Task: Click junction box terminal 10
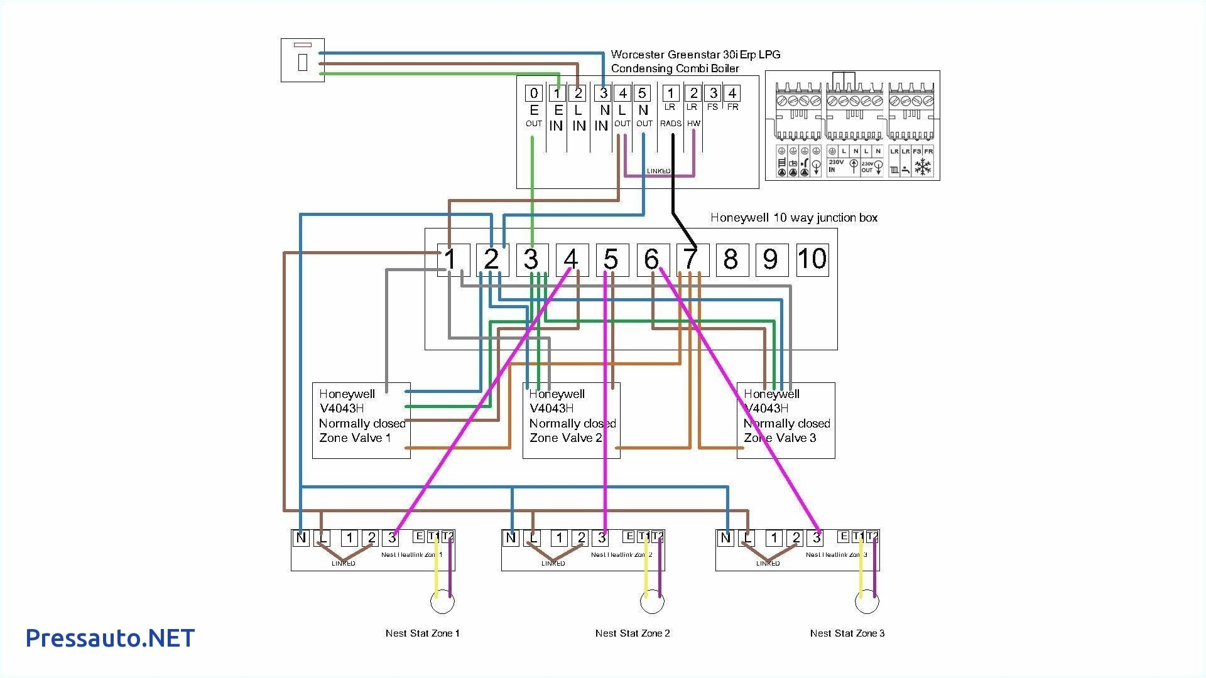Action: (x=812, y=259)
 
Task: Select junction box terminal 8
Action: (x=732, y=259)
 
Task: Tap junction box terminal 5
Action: (x=612, y=259)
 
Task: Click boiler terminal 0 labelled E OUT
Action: (x=533, y=94)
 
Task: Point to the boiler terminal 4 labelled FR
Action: (x=732, y=94)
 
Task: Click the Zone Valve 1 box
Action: (x=361, y=420)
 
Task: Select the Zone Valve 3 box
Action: (x=785, y=420)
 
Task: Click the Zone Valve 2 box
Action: (x=571, y=420)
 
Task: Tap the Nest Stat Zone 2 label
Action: (x=633, y=633)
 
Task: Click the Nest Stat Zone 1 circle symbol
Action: (x=442, y=602)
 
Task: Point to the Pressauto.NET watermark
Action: (x=110, y=638)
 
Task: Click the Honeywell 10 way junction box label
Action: (x=793, y=218)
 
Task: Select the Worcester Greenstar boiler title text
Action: (x=695, y=62)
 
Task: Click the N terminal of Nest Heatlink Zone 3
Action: (x=726, y=537)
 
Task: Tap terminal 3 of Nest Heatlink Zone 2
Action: (x=602, y=537)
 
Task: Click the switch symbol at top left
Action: (x=302, y=60)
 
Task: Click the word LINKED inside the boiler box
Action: (x=659, y=171)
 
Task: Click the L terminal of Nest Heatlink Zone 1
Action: (x=322, y=537)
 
